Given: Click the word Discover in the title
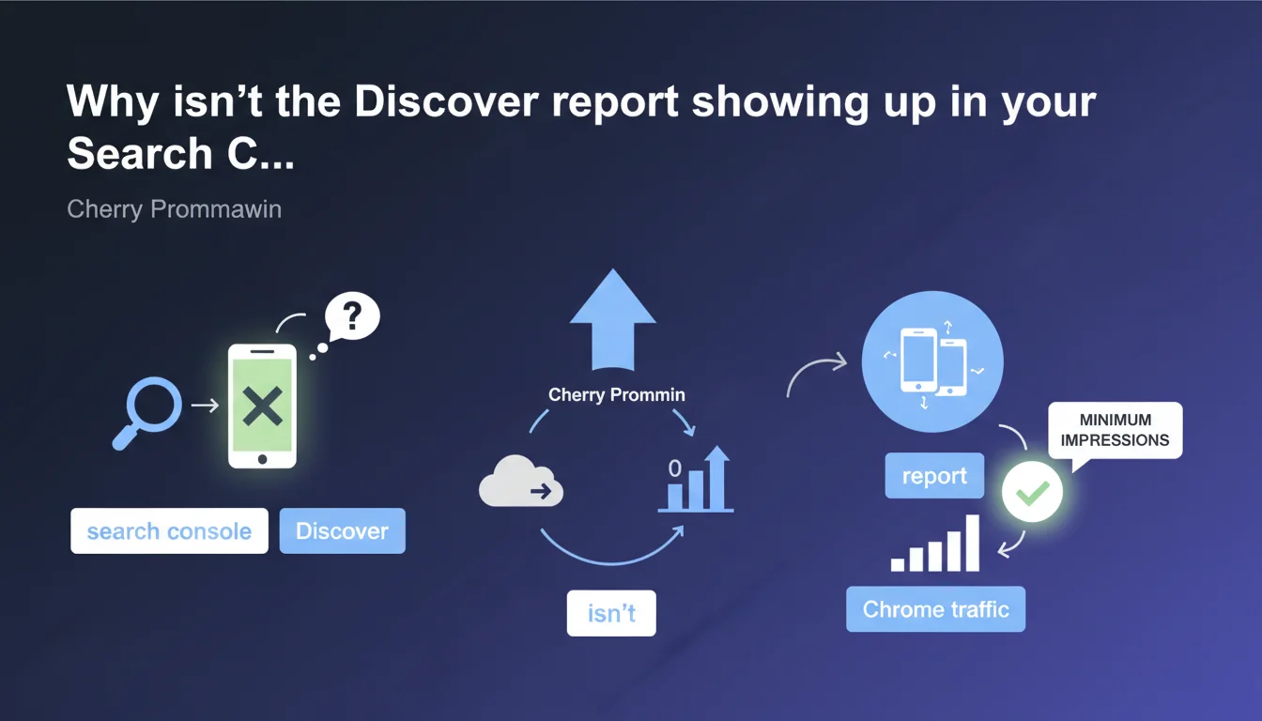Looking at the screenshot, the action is point(446,102).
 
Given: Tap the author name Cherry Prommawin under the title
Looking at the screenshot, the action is point(174,209).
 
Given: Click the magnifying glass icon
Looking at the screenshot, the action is point(147,412).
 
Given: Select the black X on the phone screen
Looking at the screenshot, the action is point(263,407).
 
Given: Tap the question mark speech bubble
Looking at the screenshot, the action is point(352,316).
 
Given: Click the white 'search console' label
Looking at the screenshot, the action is point(170,530).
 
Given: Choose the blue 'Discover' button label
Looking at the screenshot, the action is point(342,530).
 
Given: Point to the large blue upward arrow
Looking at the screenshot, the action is point(613,319).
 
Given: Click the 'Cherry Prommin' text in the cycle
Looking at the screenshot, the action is point(616,395).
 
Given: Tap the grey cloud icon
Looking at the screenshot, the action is point(520,481).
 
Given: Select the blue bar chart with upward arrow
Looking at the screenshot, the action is point(697,480).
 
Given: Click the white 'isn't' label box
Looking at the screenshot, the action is point(611,613).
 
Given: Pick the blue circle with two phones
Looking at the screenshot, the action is point(932,361).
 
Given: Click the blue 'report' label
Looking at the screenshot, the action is point(934,475).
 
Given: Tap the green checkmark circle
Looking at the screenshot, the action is point(1032,492).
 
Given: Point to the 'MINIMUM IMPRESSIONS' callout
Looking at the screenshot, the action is point(1115,431).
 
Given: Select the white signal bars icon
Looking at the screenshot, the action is point(935,543).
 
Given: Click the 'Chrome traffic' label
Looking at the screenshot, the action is point(936,609).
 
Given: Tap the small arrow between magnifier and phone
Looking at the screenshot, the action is point(205,406).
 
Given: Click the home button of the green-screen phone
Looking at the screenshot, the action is point(263,459).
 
